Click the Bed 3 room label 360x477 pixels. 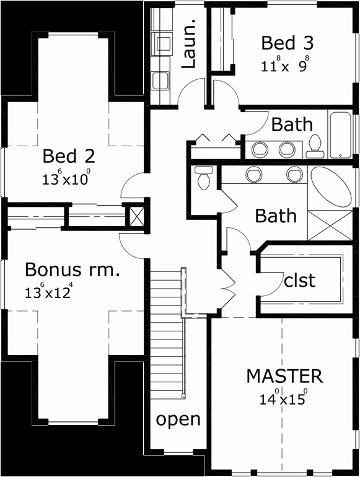tap(287, 43)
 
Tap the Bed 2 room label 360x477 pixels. tap(69, 156)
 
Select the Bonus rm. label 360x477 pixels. tap(72, 269)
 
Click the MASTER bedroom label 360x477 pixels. tap(284, 376)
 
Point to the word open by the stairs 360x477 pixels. tap(178, 420)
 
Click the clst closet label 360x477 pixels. tap(299, 281)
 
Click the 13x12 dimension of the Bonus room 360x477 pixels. tap(49, 291)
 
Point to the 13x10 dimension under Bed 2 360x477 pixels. tap(66, 178)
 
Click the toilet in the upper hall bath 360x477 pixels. tap(315, 147)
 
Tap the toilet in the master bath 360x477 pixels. tap(204, 178)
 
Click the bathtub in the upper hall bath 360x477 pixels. tap(340, 135)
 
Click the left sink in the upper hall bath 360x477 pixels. tap(260, 150)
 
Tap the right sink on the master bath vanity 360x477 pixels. tap(295, 175)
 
